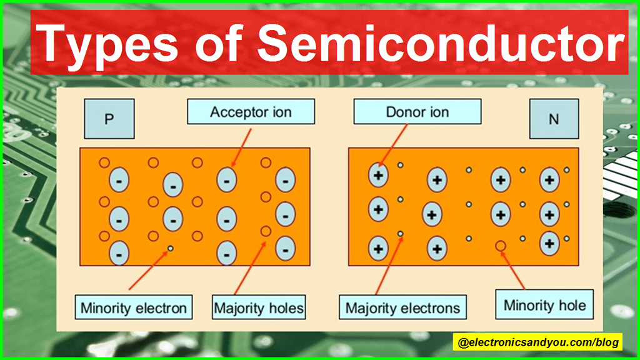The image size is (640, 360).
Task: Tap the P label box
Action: point(109,119)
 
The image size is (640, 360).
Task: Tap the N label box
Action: point(553,119)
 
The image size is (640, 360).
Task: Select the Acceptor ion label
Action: point(251,112)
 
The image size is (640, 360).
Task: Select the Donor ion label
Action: point(417,112)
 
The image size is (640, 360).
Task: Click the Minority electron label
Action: point(134,308)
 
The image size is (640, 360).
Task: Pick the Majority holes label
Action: point(259,308)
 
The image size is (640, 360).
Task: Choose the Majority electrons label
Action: point(402,307)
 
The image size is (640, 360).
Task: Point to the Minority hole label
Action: point(545,306)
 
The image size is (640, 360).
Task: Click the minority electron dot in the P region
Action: point(169,249)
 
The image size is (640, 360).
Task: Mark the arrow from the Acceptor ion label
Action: point(242,147)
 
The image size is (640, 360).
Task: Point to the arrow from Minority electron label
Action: point(149,270)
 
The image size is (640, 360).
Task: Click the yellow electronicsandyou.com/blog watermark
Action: point(537,342)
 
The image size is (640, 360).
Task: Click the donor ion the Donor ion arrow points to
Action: point(377,176)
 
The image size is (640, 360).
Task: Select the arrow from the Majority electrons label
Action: point(387,266)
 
